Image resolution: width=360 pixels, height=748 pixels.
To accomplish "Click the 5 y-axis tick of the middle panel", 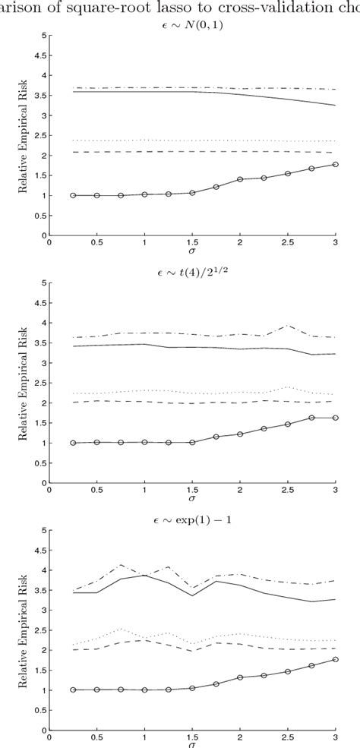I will coord(43,282).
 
